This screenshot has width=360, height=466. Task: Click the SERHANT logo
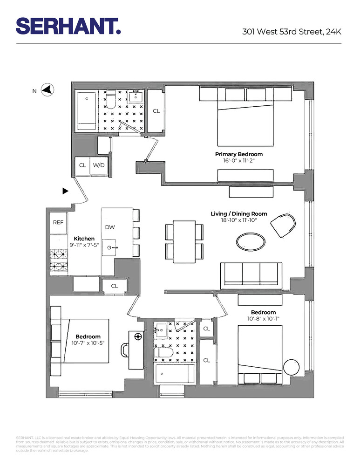(68, 26)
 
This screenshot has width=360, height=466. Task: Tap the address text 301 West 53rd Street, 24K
(292, 32)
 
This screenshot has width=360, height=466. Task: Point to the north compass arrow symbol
(48, 90)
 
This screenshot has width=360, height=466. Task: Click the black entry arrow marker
(66, 191)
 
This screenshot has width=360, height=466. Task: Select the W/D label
(98, 165)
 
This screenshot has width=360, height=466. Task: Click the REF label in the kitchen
(58, 223)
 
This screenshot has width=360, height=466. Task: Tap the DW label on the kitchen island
(110, 227)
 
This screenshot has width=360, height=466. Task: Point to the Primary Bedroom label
(238, 154)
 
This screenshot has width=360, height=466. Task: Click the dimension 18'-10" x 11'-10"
(238, 220)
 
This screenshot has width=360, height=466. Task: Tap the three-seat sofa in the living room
(251, 274)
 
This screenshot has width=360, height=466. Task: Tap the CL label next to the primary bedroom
(156, 111)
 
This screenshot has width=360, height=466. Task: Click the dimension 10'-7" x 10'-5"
(88, 343)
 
